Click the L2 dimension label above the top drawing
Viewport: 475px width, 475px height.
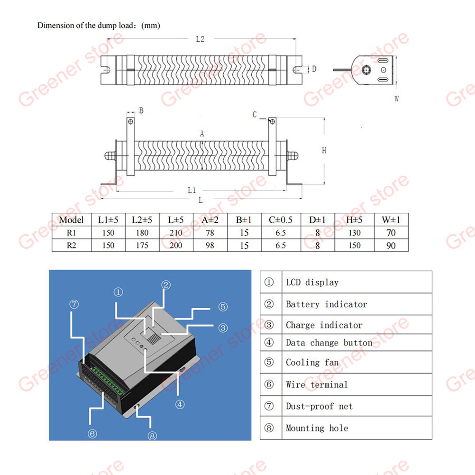pyautogui.click(x=200, y=39)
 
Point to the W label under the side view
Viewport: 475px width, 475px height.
pyautogui.click(x=396, y=99)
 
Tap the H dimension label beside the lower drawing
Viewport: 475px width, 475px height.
pyautogui.click(x=324, y=150)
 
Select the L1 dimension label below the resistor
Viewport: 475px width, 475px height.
pyautogui.click(x=192, y=190)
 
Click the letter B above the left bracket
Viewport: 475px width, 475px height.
pyautogui.click(x=141, y=110)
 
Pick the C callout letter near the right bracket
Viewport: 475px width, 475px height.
pyautogui.click(x=255, y=115)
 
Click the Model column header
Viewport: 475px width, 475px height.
pyautogui.click(x=71, y=220)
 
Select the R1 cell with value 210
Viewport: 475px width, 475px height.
pyautogui.click(x=176, y=233)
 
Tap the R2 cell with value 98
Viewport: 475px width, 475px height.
pyautogui.click(x=210, y=246)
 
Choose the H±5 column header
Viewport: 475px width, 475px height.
pyautogui.click(x=354, y=220)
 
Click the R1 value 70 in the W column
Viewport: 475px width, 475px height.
pyautogui.click(x=391, y=233)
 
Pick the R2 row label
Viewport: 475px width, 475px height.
pyautogui.click(x=71, y=246)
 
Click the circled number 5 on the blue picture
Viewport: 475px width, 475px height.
pyautogui.click(x=223, y=307)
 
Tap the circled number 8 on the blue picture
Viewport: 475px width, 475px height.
pyautogui.click(x=152, y=436)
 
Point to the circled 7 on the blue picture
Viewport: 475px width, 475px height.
pyautogui.click(x=74, y=304)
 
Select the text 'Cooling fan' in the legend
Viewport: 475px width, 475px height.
pyautogui.click(x=312, y=362)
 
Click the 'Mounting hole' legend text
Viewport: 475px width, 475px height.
pyautogui.click(x=317, y=428)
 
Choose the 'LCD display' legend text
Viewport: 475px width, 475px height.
pyautogui.click(x=312, y=283)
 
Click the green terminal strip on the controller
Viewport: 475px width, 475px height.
pyautogui.click(x=108, y=381)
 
